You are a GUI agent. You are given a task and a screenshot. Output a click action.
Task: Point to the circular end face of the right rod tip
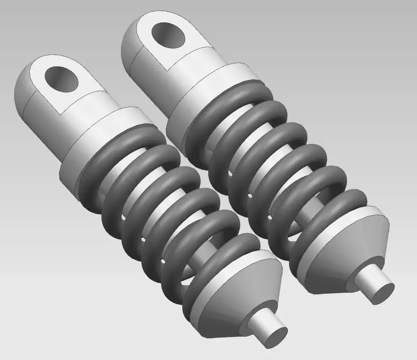pyautogui.click(x=380, y=291)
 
